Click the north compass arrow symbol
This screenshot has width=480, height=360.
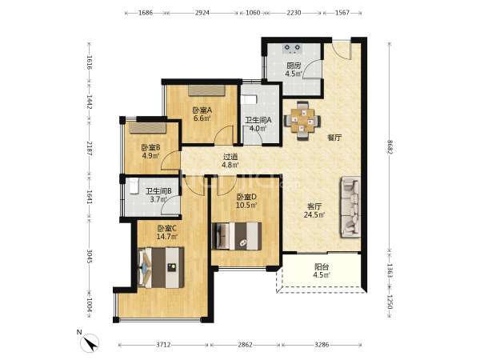coord(90,343)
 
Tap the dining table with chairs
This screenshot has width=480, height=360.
coord(302,121)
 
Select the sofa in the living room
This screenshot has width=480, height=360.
coord(350,207)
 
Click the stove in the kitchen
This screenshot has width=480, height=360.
coord(292,48)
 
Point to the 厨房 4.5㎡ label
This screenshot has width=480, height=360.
coord(294,70)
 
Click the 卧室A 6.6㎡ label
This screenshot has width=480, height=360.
coord(202,114)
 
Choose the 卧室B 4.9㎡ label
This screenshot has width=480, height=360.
coord(151,151)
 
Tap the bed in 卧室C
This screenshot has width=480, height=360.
coord(161,268)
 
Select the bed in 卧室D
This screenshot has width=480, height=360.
coord(237,236)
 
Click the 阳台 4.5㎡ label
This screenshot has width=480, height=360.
coord(322,271)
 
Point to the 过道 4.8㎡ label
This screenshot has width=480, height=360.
coord(230,161)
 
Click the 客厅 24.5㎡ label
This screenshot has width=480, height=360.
coord(314,210)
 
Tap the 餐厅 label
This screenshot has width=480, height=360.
coord(334,138)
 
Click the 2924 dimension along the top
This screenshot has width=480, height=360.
coord(202,13)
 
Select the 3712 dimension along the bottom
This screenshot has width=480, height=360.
coord(163,345)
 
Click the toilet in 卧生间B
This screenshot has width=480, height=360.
coord(134,187)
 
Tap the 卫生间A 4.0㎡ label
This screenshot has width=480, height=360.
coord(258,124)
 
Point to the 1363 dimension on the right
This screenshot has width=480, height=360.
coord(390,270)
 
